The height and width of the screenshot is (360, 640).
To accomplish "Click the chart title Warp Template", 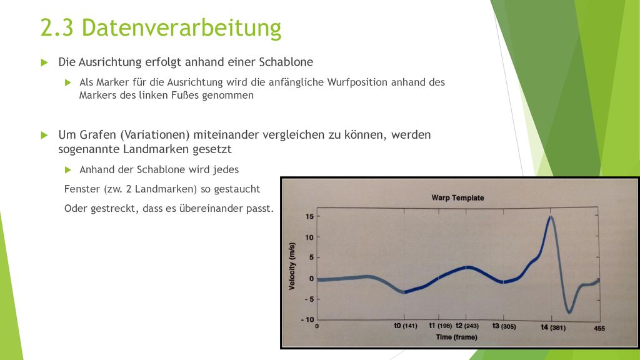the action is coord(457,197).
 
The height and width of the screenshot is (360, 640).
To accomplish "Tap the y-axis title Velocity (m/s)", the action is coord(291,266).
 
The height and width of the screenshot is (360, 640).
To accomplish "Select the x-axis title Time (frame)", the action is coord(456,337).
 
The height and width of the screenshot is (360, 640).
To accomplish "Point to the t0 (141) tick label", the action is coord(405,326).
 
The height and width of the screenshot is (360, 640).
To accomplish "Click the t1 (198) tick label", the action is coord(440,326).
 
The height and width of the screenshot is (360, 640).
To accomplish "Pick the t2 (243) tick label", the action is coord(467,326).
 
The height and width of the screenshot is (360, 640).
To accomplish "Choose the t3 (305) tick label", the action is coord(504,326).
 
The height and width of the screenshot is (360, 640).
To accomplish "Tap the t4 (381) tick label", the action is coord(553,327).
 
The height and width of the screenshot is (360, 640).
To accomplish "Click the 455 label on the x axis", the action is coord(599,328).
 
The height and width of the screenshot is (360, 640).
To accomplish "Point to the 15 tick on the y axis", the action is coord(309,216).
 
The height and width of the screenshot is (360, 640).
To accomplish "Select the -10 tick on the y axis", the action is coord(307,319).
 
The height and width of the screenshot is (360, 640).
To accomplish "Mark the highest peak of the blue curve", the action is coord(551,217).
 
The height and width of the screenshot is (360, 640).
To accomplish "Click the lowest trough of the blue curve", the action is coord(569,312).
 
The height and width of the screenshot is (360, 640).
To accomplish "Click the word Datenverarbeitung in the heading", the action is coord(181,27).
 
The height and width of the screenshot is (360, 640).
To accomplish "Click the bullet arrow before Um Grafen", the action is coord(44,135).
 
